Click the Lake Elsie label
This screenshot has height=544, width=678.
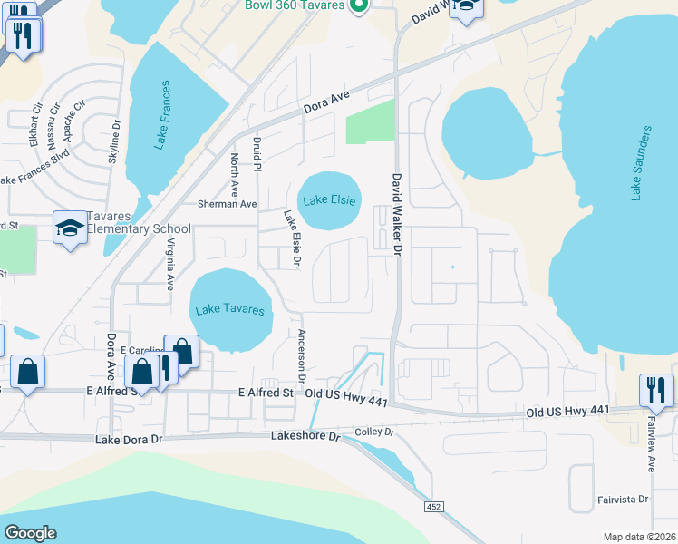point(330,200)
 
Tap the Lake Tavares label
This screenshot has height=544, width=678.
point(230,310)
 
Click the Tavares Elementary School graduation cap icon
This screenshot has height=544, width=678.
point(70,229)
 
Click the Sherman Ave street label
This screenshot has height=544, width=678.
point(230,204)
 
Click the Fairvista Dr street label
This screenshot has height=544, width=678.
point(623,499)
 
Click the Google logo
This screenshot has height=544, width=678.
point(30,533)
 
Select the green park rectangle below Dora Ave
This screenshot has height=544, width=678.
point(371,121)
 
